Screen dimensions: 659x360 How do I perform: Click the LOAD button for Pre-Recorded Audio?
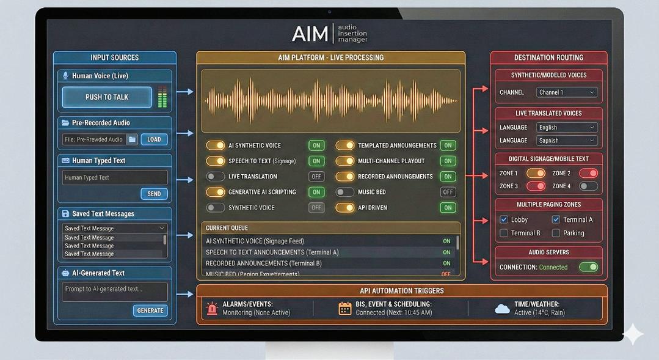(x=154, y=139)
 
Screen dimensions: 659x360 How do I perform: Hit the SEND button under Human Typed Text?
(x=154, y=194)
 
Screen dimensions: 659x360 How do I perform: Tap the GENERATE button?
(x=150, y=310)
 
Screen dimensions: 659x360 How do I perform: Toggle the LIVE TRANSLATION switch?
(x=215, y=177)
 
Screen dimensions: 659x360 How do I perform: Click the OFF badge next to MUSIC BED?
(x=448, y=192)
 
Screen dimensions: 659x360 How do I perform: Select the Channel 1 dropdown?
(x=566, y=92)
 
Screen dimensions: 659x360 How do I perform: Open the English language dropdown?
(x=566, y=127)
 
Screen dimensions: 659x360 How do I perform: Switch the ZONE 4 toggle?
(x=588, y=186)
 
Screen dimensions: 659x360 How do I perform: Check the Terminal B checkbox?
(x=504, y=233)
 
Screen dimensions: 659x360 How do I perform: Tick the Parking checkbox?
(x=556, y=233)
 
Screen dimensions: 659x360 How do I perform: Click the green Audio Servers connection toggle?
(x=588, y=267)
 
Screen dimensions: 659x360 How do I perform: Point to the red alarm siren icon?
(x=212, y=308)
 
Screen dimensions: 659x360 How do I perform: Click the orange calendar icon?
(x=345, y=308)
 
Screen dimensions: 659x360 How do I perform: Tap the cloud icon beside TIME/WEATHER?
(x=502, y=309)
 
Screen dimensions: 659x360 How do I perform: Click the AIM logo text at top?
(x=310, y=34)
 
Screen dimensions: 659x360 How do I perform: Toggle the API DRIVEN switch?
(x=345, y=208)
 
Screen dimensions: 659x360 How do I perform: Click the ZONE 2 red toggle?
(x=588, y=173)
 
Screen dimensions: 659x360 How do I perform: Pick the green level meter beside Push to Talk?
(x=162, y=97)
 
